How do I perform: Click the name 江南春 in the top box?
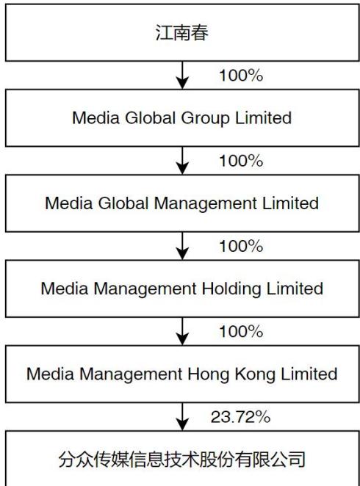point(181,32)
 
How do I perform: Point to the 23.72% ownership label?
point(241,417)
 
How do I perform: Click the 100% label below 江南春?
point(241,76)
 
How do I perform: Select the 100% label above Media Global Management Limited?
point(241,161)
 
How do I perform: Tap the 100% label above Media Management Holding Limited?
point(241,246)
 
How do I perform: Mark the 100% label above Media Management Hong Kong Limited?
point(241,331)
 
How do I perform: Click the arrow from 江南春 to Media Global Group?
point(182,76)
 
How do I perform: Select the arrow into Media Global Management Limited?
point(182,161)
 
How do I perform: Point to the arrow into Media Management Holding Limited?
point(182,246)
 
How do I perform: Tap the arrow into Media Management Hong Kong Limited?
point(182,331)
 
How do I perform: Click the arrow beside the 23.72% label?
point(182,416)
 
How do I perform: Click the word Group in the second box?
point(205,119)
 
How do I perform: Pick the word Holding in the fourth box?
point(231,289)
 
